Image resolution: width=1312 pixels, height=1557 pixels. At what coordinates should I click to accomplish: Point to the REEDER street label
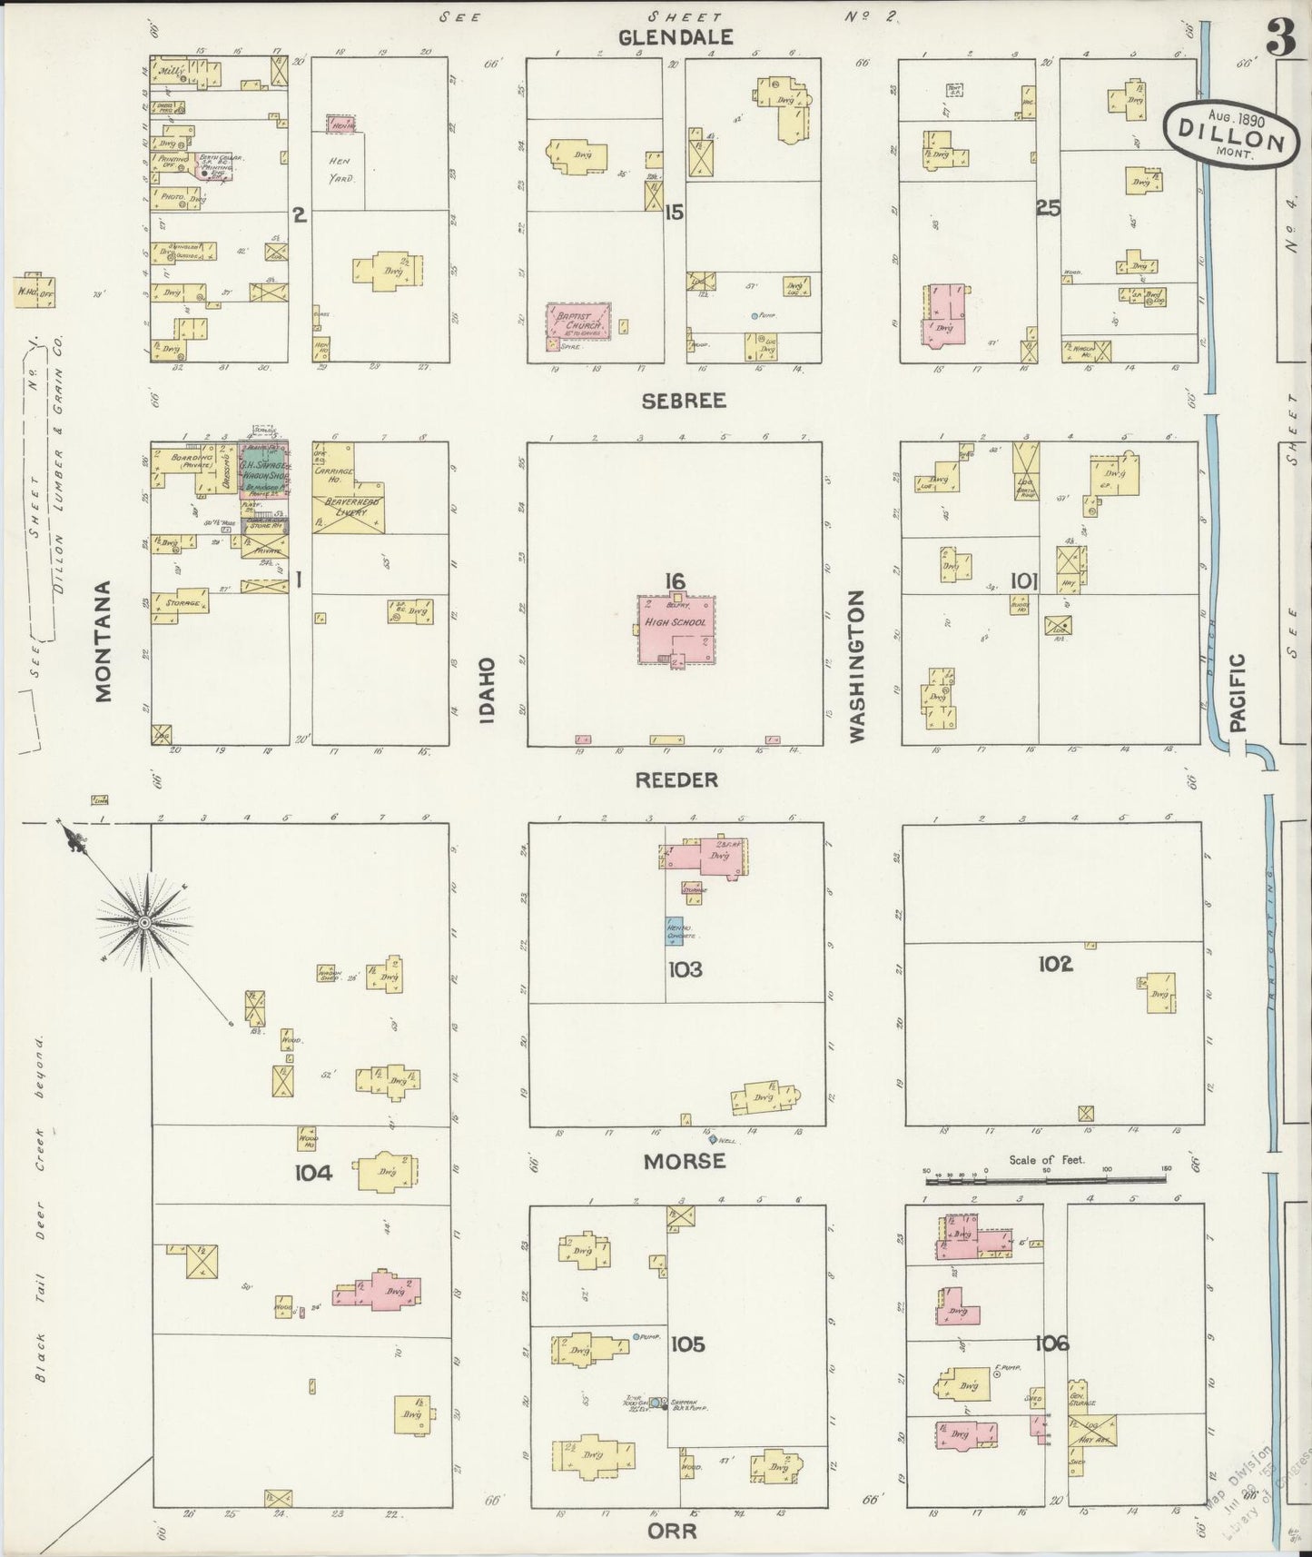pos(677,779)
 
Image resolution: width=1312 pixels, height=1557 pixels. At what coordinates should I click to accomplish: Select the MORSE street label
pos(685,1161)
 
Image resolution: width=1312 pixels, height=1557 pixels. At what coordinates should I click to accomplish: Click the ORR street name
pos(674,1532)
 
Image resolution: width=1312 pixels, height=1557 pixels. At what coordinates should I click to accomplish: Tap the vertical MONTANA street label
pos(104,641)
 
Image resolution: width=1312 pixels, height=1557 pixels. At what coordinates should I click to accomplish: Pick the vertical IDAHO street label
pos(488,690)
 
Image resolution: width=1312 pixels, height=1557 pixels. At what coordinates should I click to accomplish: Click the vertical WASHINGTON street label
pos(855,667)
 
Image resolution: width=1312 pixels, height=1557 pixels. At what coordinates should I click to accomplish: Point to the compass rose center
pos(143,922)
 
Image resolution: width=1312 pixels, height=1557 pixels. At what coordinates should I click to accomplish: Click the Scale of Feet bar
pos(1044,1180)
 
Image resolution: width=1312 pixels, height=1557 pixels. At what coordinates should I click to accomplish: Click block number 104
pos(313,1173)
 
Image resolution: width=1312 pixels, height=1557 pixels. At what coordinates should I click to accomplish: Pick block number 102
pos(1055,964)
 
